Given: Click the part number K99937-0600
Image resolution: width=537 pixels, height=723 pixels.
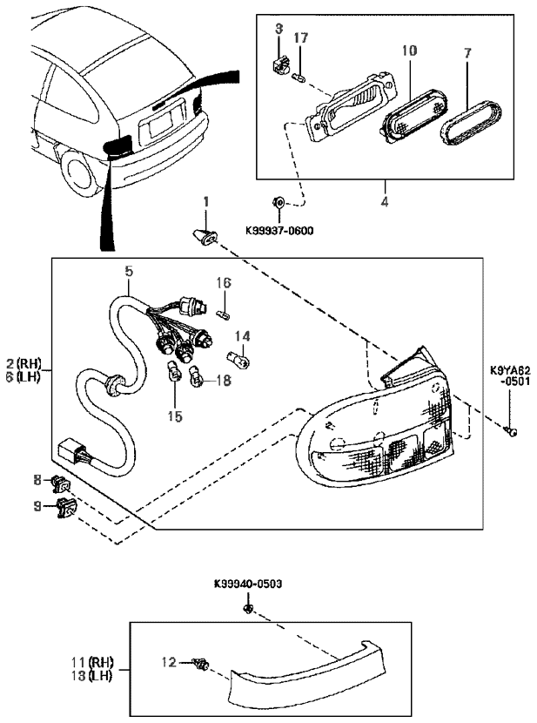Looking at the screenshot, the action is pyautogui.click(x=279, y=230).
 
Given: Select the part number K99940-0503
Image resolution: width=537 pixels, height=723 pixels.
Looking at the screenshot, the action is pyautogui.click(x=248, y=584).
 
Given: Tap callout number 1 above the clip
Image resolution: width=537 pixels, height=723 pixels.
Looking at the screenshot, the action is pyautogui.click(x=206, y=201).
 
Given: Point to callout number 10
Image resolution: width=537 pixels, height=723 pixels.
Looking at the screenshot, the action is pyautogui.click(x=409, y=50).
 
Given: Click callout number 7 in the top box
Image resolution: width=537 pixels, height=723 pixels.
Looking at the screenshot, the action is pyautogui.click(x=467, y=53).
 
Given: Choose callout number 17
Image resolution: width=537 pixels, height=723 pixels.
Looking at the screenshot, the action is pyautogui.click(x=300, y=37).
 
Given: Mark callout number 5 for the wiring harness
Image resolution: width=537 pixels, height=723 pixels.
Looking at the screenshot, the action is pyautogui.click(x=129, y=271).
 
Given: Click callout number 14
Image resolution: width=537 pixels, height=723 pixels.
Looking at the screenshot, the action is pyautogui.click(x=243, y=336).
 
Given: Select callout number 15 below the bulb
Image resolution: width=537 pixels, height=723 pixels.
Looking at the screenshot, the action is pyautogui.click(x=175, y=416).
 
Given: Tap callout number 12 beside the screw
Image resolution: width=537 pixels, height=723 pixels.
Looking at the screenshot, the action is pyautogui.click(x=169, y=663).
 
